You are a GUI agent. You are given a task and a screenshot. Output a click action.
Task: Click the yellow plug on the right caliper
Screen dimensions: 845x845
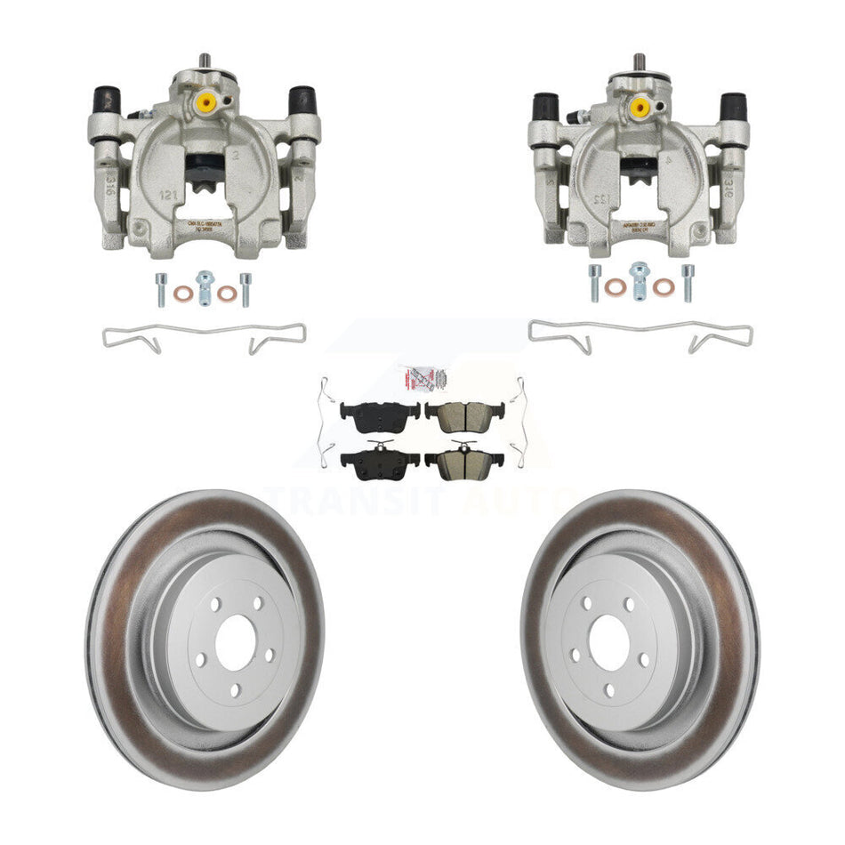point(639,107)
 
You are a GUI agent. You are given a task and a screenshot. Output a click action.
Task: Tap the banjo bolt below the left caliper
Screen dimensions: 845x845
point(204,287)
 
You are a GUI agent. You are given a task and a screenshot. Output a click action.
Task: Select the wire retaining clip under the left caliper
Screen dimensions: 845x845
point(204,336)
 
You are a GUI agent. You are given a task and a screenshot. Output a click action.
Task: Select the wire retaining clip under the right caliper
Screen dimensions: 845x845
point(640,335)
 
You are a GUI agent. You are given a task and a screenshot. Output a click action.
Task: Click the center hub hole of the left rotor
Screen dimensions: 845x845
point(236,648)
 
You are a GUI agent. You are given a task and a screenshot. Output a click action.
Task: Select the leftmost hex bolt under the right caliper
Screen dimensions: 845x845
point(593,282)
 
